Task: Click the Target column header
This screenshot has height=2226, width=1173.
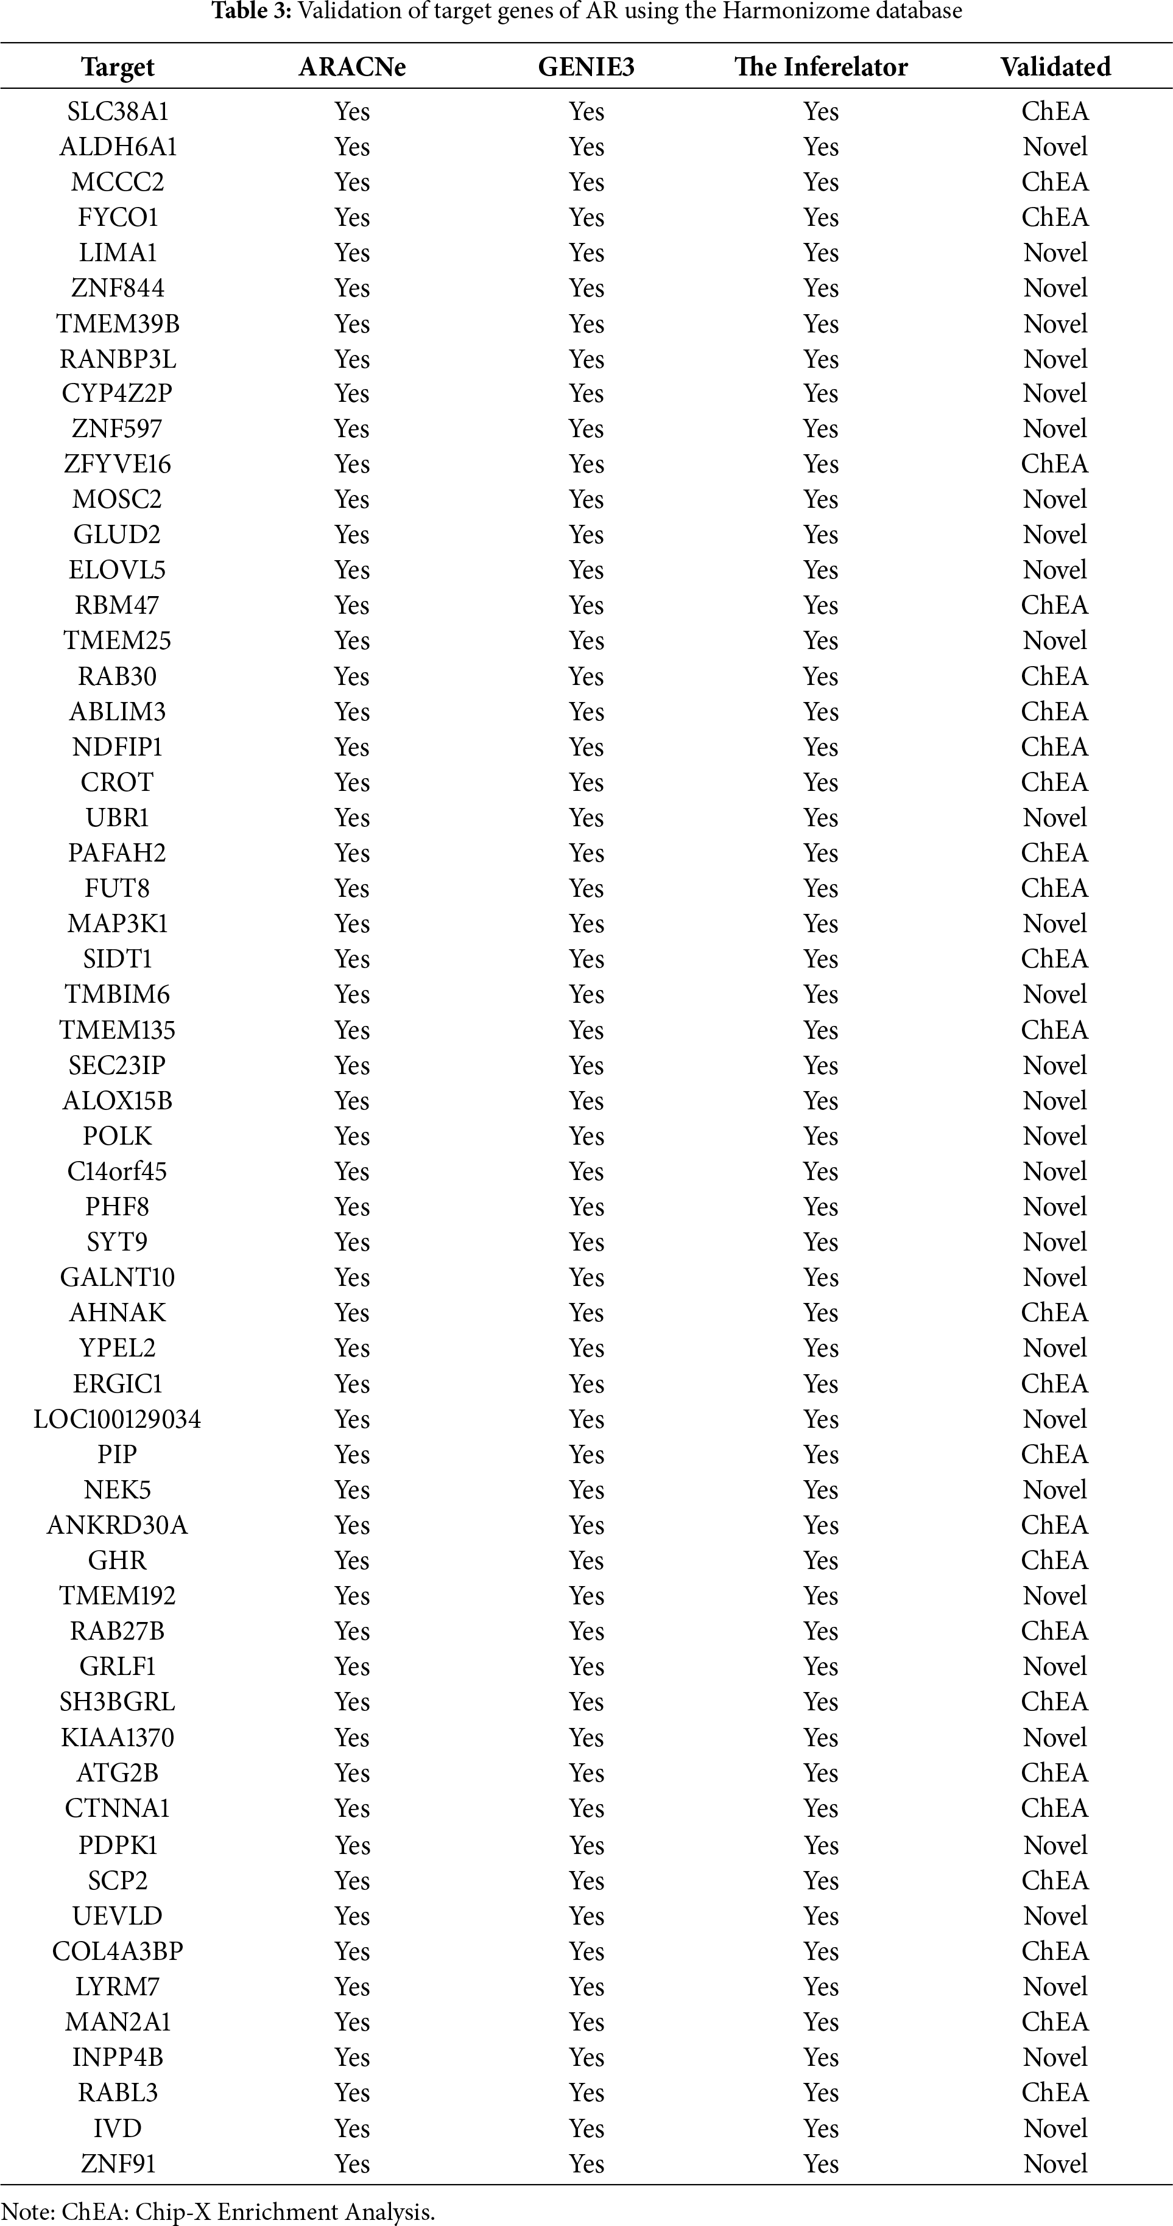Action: (118, 68)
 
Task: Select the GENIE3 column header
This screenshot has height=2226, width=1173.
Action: (586, 68)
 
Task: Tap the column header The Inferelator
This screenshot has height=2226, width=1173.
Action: (820, 68)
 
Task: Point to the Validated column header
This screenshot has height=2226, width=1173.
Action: (1055, 68)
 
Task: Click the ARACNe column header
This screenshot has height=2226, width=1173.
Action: (352, 68)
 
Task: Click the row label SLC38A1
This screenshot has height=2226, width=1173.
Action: (118, 111)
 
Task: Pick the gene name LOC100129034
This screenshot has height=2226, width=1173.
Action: (118, 1419)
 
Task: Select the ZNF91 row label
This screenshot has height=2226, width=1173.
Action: (118, 2164)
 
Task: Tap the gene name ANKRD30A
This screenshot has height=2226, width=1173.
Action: (118, 1525)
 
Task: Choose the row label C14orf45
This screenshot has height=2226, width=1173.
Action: (118, 1172)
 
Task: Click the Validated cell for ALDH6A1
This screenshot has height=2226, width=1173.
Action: (1055, 147)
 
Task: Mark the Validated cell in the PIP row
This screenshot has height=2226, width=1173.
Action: (1055, 1455)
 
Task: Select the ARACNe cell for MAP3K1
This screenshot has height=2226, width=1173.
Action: (352, 924)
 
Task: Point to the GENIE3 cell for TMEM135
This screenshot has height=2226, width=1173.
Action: (586, 1030)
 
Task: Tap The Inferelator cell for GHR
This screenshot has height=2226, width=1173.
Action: (820, 1561)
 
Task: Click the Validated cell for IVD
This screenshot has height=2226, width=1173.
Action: (1055, 2129)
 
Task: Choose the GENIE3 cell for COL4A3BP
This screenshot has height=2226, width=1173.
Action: (586, 1951)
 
